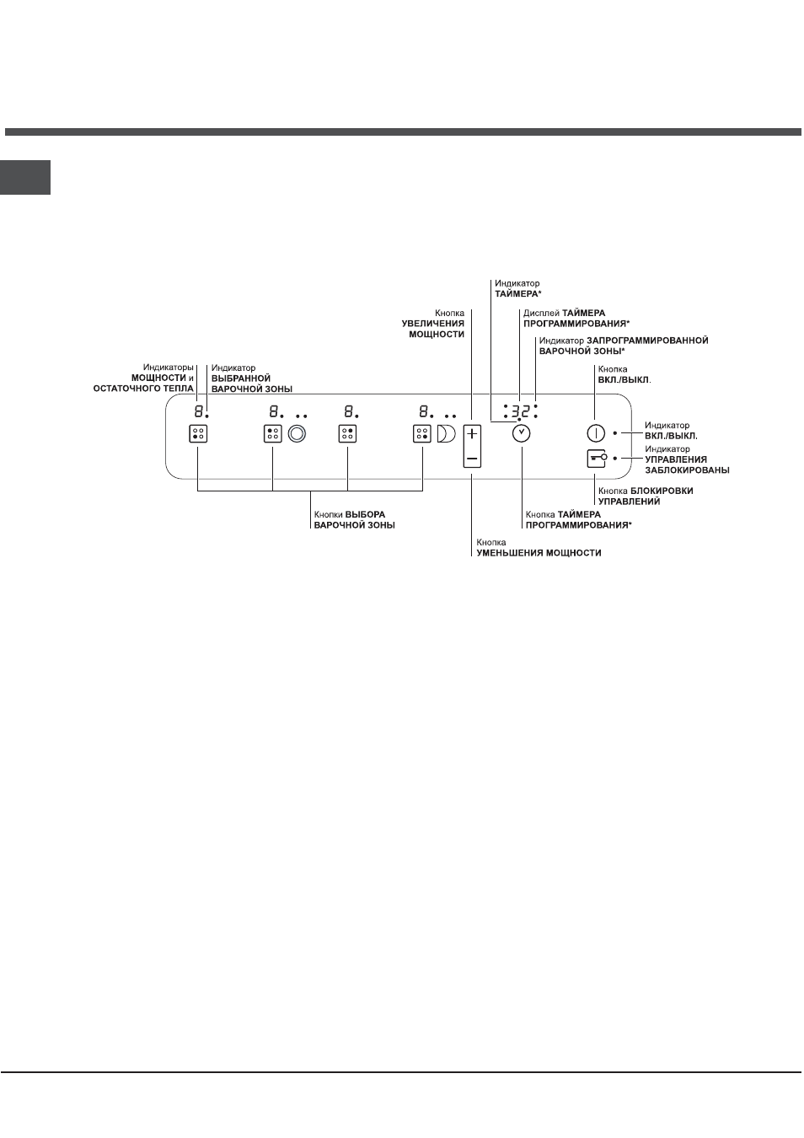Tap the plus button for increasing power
click(x=472, y=434)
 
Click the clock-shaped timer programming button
click(x=521, y=434)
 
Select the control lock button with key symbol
click(x=596, y=459)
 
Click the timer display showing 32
click(x=520, y=411)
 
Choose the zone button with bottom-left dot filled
click(x=198, y=434)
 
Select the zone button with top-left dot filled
click(x=273, y=434)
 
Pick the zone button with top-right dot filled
click(x=347, y=434)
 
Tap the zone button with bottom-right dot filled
click(x=422, y=434)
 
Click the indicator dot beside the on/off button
click(x=615, y=433)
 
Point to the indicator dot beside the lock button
click(x=615, y=458)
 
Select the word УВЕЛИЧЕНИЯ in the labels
click(x=433, y=324)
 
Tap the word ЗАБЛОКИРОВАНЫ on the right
click(x=687, y=470)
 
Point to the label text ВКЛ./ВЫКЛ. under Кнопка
click(x=624, y=379)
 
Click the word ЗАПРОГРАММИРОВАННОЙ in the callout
click(x=647, y=341)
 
